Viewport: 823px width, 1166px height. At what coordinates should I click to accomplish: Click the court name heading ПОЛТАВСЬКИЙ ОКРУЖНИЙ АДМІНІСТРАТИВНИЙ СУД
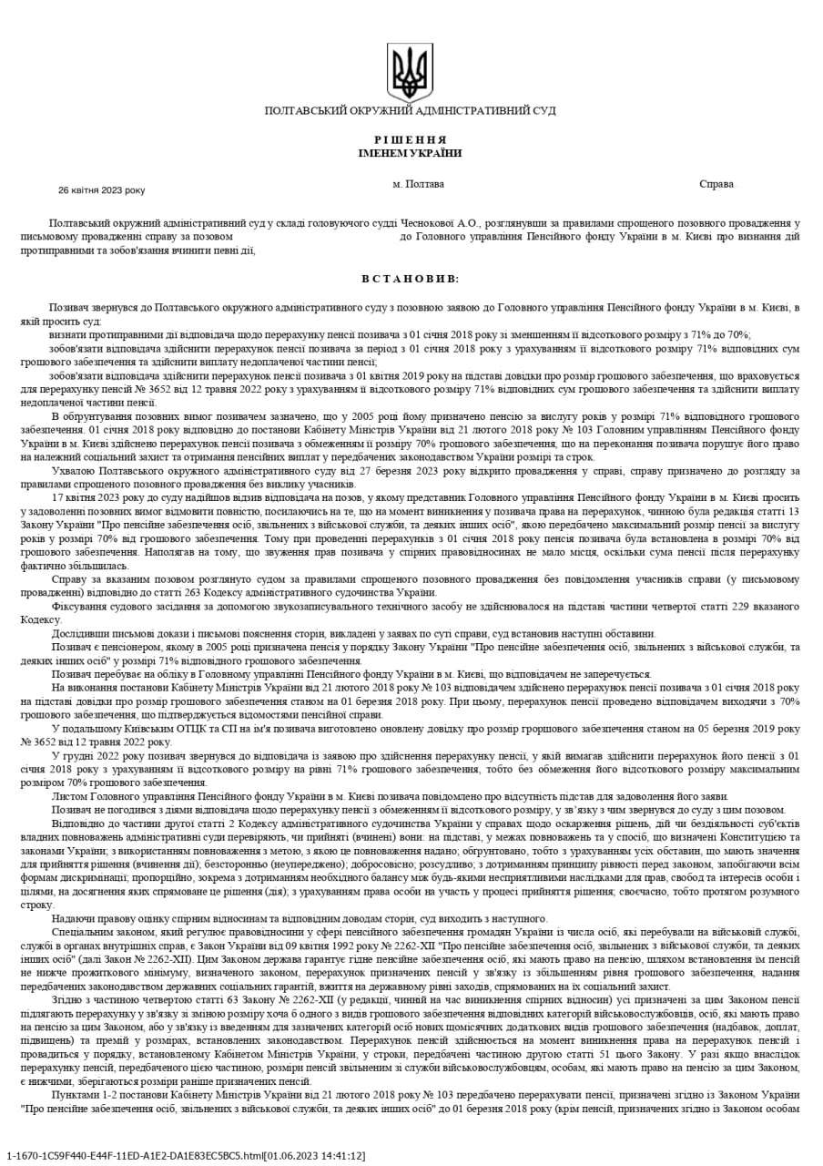point(410,110)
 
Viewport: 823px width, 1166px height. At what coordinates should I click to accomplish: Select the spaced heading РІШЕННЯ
point(410,140)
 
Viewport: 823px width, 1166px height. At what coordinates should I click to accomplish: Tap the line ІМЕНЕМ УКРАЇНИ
point(410,153)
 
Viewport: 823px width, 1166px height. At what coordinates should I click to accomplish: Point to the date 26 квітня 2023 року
point(101,190)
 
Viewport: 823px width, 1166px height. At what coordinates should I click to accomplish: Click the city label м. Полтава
point(419,184)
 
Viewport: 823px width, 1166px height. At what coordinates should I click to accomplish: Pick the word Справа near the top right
point(716,184)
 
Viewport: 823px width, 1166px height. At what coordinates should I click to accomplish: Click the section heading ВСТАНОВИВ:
point(410,279)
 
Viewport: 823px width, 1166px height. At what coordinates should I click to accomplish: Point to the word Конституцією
point(752,836)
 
